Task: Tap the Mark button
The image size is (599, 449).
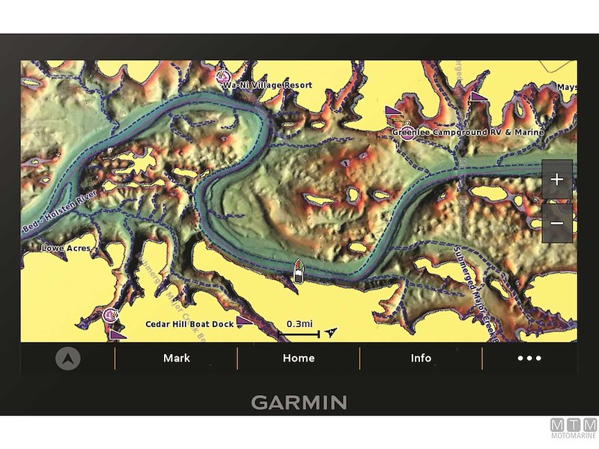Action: pyautogui.click(x=177, y=358)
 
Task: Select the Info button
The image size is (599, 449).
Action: pyautogui.click(x=421, y=358)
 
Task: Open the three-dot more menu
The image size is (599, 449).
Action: pyautogui.click(x=529, y=358)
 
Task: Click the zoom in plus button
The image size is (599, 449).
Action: pyautogui.click(x=556, y=180)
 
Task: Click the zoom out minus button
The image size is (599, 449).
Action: pyautogui.click(x=556, y=224)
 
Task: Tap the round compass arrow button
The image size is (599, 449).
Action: pyautogui.click(x=68, y=358)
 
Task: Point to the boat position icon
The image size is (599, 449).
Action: pyautogui.click(x=298, y=272)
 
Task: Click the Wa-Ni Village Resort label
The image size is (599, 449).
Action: pyautogui.click(x=267, y=85)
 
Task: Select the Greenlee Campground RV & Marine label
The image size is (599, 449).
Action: pyautogui.click(x=468, y=132)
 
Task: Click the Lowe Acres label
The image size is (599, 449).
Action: pyautogui.click(x=66, y=248)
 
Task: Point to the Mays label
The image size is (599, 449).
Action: pyautogui.click(x=566, y=88)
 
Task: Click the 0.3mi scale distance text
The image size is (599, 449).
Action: pyautogui.click(x=299, y=323)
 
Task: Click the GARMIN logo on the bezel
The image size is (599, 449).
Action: pyautogui.click(x=299, y=403)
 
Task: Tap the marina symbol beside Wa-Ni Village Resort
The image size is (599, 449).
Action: pyautogui.click(x=222, y=76)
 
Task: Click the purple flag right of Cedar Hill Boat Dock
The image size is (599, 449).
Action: pyautogui.click(x=243, y=320)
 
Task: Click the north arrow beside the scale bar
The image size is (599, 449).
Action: pyautogui.click(x=332, y=331)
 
